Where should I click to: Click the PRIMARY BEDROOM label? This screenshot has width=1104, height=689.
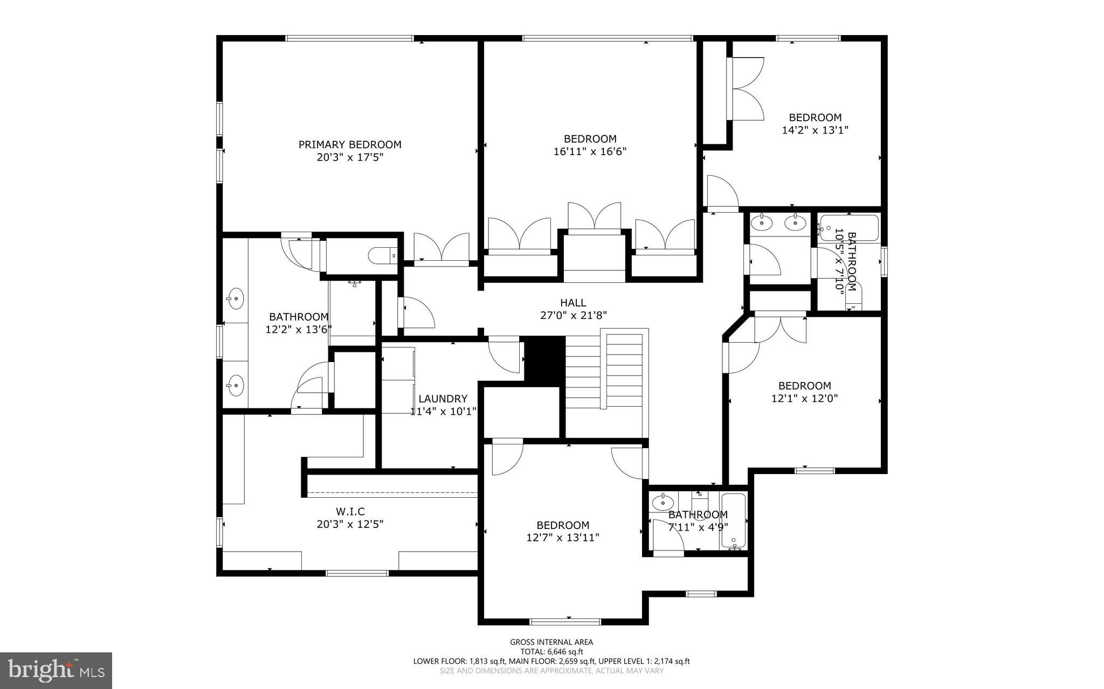[x=350, y=144]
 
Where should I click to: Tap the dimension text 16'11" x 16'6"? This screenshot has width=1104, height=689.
[x=590, y=151]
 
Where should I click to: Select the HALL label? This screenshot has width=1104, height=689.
[x=573, y=303]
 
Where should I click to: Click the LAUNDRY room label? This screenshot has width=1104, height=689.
[x=443, y=399]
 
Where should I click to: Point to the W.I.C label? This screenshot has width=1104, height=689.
[x=350, y=512]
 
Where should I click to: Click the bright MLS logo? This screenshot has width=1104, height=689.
[x=56, y=670]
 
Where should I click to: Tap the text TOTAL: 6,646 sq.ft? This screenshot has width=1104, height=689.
[x=551, y=651]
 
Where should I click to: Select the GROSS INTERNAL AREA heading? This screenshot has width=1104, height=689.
[x=551, y=642]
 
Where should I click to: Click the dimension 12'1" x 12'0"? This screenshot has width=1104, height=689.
[x=804, y=399]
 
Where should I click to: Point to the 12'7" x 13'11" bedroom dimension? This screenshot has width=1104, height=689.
[x=563, y=537]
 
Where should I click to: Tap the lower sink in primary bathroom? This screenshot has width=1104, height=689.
[x=235, y=385]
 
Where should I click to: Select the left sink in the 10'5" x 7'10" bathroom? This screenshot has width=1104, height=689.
[x=761, y=221]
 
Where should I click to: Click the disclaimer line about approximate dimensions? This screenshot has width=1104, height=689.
[x=551, y=671]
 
